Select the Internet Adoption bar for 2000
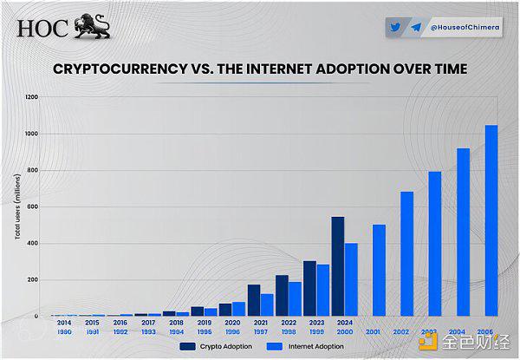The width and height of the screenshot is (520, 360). pos(351,279)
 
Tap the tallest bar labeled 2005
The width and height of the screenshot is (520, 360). pos(491,220)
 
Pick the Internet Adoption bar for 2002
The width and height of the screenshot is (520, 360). pos(406,253)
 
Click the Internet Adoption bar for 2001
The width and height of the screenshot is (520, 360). pos(379,270)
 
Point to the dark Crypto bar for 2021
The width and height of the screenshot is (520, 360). pos(253,300)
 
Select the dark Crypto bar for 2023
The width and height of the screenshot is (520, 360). pos(309,288)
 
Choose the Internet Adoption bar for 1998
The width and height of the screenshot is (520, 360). pos(295,298)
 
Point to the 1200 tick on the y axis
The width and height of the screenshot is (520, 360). pos(31,97)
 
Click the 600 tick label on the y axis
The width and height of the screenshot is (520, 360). pos(33,206)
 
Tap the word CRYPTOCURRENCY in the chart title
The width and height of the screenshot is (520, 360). pos(120,68)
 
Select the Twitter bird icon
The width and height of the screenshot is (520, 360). pos(394,27)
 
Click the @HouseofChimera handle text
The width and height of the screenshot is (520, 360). pos(460,28)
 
